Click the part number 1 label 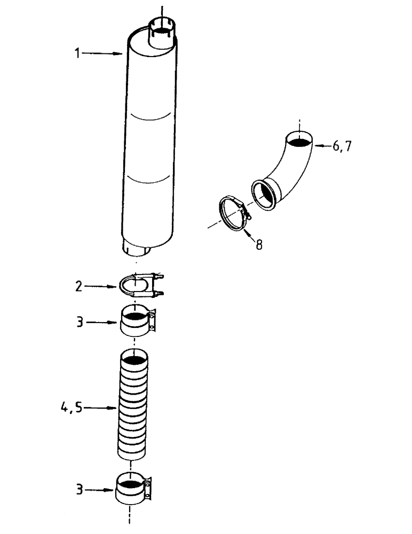click(x=78, y=53)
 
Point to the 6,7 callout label click(x=342, y=146)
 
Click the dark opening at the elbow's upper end click(x=299, y=140)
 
